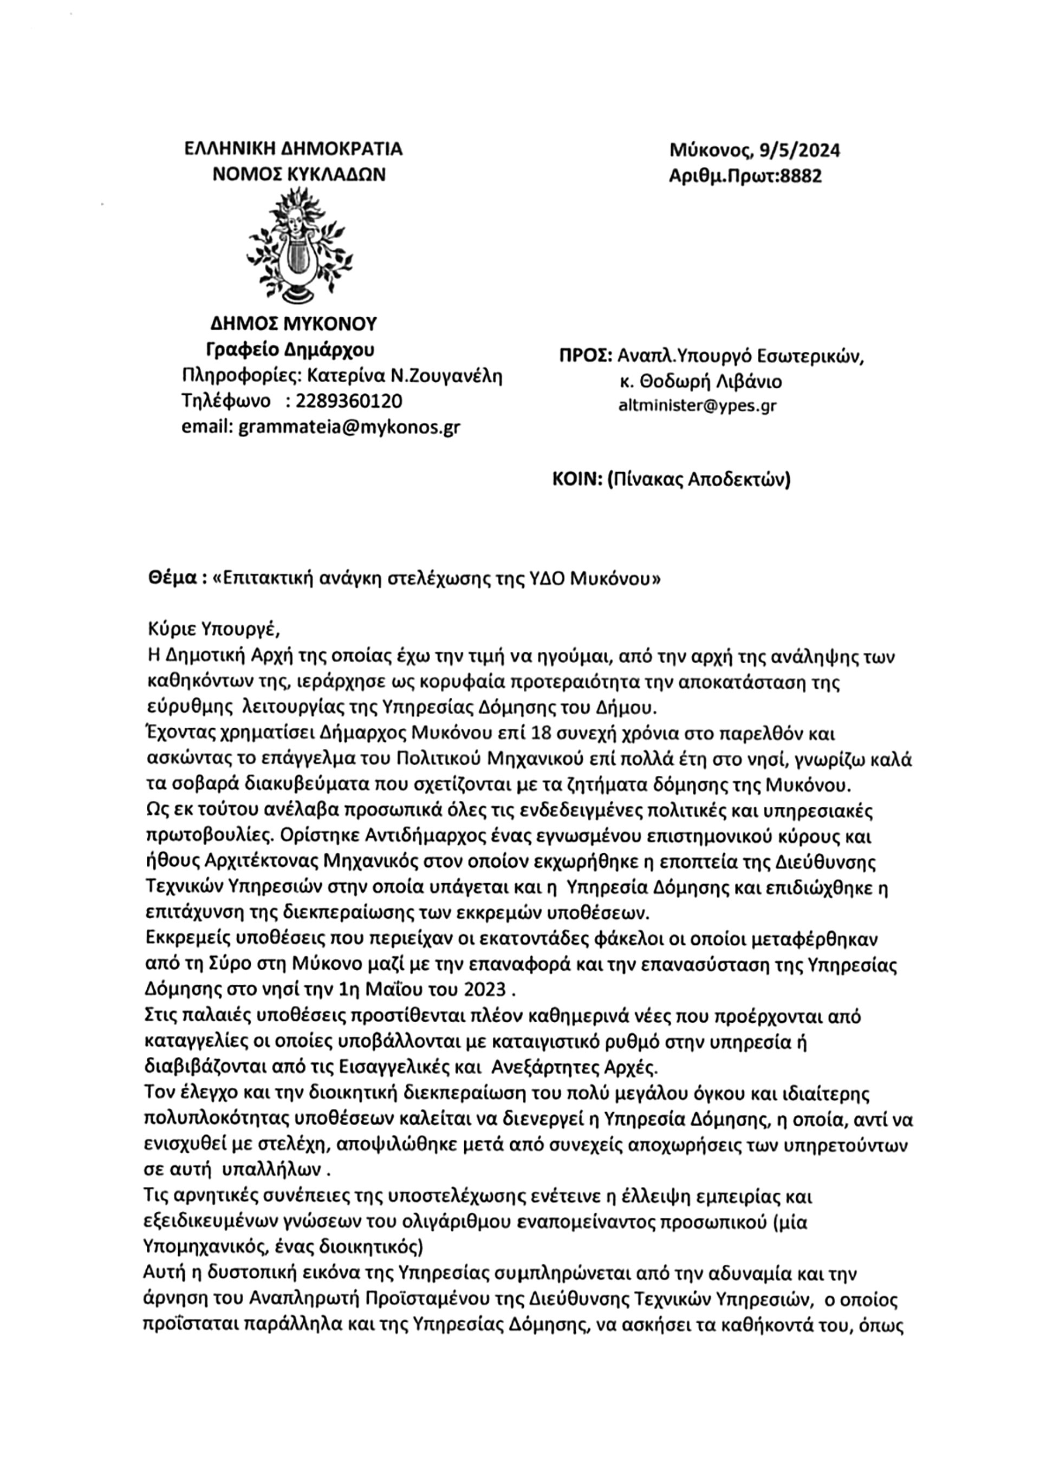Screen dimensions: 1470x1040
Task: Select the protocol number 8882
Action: tap(800, 176)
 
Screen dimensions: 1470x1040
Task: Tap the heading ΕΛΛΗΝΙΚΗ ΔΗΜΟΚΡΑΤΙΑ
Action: tap(293, 149)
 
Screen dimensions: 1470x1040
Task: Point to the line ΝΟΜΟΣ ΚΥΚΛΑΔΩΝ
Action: tap(299, 174)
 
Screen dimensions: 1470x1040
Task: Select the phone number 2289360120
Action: tap(350, 401)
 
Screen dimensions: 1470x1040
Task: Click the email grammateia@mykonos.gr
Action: tap(349, 427)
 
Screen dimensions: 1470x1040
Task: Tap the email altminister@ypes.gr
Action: tap(697, 406)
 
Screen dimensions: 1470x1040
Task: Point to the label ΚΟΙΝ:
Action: tap(576, 480)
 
